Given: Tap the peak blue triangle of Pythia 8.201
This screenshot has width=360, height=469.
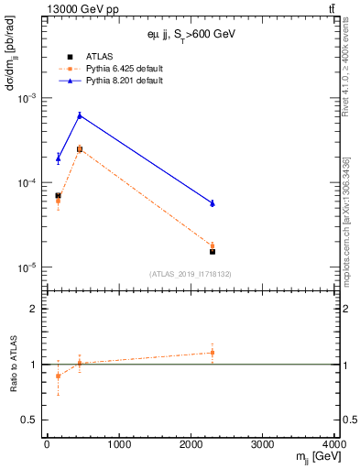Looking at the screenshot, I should (80, 115).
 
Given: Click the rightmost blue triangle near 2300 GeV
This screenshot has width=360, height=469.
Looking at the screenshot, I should (213, 203).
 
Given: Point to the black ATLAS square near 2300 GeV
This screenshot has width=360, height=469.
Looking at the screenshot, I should (213, 251).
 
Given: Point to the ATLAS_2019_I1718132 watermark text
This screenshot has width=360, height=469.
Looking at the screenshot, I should (191, 274).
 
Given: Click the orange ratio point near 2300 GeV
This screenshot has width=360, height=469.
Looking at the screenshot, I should (213, 353).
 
